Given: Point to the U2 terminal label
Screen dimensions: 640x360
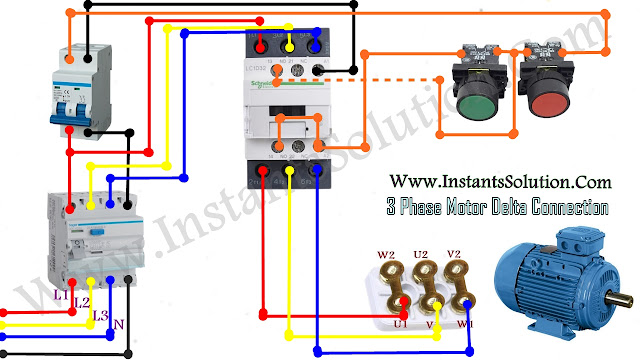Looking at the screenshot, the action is click(x=422, y=256).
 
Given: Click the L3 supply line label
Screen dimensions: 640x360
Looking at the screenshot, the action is click(x=100, y=316).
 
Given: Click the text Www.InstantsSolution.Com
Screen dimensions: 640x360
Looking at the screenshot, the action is click(x=494, y=183).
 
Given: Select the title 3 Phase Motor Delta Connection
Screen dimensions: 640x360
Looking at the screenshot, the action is click(x=496, y=208).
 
